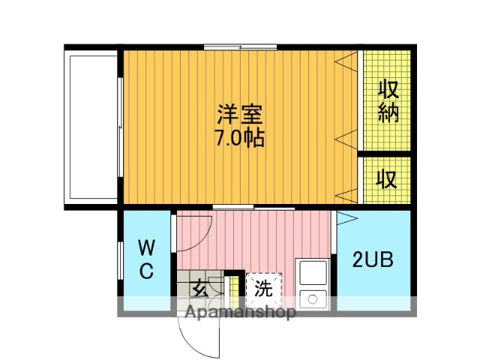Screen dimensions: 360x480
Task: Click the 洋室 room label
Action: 240,115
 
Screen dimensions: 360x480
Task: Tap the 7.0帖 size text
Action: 240,139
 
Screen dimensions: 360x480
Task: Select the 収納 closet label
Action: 387,100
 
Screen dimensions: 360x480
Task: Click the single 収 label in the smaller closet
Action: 387,180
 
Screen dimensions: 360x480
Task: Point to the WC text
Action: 146,259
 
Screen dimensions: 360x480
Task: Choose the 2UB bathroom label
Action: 373,259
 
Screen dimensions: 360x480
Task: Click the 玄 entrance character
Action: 199,286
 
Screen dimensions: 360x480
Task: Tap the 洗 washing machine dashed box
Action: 263,287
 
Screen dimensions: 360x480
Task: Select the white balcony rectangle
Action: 93,125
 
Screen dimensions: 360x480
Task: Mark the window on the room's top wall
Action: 240,47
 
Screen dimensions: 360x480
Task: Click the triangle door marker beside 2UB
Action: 347,220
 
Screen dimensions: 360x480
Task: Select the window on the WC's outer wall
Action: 121,259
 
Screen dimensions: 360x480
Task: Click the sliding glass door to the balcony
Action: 120,125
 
